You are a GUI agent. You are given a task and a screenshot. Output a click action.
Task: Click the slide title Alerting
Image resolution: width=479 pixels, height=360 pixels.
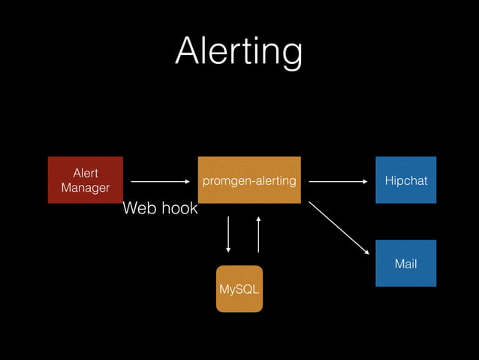(239, 52)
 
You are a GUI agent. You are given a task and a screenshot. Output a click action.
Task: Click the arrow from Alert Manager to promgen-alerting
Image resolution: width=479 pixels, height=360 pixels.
(161, 181)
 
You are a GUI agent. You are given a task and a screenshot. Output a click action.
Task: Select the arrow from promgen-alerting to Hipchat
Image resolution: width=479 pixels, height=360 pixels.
(339, 181)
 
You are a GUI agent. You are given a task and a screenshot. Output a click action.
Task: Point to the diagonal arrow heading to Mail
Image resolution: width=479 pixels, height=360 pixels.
(339, 228)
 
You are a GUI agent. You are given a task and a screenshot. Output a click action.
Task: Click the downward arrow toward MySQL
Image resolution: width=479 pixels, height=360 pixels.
(229, 234)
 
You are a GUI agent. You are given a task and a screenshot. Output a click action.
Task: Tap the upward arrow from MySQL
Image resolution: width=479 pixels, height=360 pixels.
(258, 234)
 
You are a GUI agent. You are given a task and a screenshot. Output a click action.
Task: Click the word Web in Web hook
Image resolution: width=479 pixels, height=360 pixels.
(139, 208)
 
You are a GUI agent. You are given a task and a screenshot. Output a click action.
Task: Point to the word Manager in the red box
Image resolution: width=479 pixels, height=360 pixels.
(86, 188)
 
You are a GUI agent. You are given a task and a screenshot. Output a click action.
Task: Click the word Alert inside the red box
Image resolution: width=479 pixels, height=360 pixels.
(85, 173)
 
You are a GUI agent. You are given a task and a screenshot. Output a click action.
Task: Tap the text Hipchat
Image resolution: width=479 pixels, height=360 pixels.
(405, 181)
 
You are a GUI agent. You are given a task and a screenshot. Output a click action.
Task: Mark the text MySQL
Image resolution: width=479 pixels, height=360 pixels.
(239, 289)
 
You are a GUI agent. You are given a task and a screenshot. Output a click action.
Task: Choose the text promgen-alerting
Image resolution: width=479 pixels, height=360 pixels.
(249, 181)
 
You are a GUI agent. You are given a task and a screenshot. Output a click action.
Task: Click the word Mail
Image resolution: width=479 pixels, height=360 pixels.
(405, 264)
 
